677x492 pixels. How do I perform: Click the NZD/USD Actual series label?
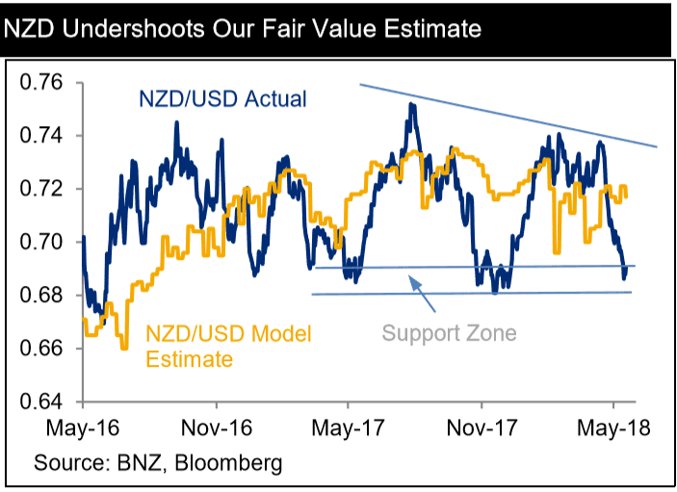[x=223, y=99]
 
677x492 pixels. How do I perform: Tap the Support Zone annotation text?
[x=449, y=333]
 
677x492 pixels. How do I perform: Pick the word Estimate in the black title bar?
[x=425, y=29]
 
